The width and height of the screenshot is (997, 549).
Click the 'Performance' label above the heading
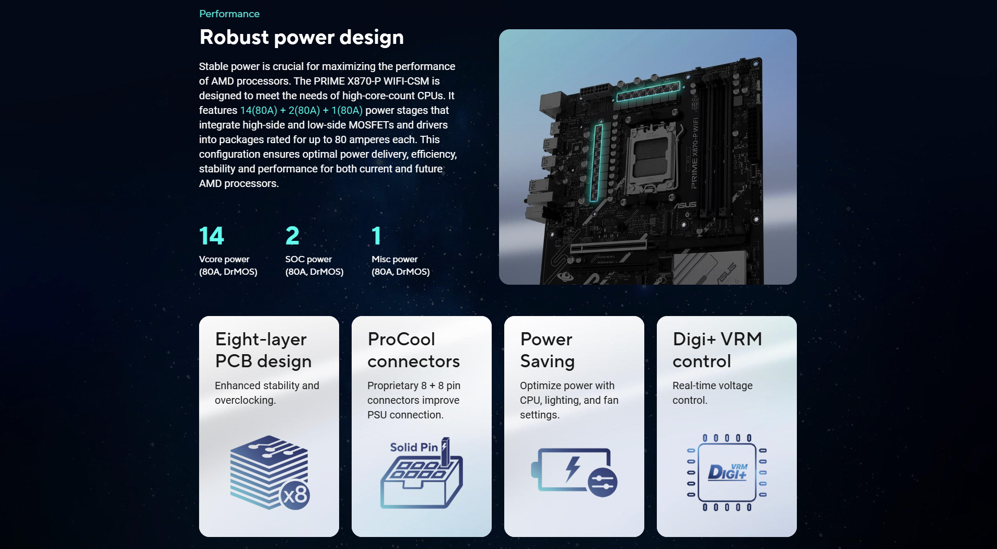(229, 14)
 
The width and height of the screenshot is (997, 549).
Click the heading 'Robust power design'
(302, 38)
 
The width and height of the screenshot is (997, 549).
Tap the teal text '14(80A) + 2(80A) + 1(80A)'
(301, 110)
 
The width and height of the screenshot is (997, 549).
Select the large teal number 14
(212, 236)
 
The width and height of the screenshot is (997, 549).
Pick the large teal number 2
(293, 236)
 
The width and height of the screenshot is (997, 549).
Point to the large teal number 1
(376, 236)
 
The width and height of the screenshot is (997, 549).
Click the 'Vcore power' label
(224, 259)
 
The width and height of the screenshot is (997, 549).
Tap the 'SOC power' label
(308, 259)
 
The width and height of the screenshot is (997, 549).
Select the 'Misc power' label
(395, 259)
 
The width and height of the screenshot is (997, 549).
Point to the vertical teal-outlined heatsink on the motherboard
(597, 162)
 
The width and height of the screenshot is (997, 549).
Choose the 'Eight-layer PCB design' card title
(263, 350)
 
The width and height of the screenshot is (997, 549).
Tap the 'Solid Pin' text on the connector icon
(414, 447)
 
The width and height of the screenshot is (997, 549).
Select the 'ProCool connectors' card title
(414, 350)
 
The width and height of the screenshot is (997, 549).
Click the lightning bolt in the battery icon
(573, 469)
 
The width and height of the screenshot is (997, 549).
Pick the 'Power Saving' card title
(548, 350)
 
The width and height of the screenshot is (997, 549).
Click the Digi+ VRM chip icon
(727, 472)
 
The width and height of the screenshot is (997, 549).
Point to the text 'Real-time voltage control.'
(713, 393)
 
